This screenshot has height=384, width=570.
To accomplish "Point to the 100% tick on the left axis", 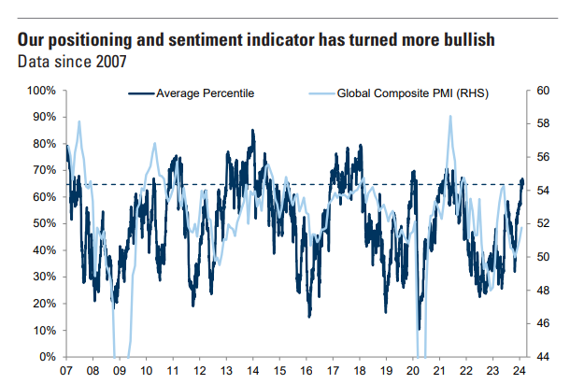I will pyautogui.click(x=41, y=91).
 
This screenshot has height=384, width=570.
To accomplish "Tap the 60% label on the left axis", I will pyautogui.click(x=44, y=197).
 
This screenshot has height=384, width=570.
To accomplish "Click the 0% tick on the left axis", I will pyautogui.click(x=48, y=357).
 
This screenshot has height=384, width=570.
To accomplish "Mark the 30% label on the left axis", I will pyautogui.click(x=44, y=277).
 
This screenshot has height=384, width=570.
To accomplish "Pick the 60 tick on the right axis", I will pyautogui.click(x=543, y=91).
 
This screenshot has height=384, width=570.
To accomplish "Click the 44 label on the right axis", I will pyautogui.click(x=543, y=357).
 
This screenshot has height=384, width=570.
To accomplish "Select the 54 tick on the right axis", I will pyautogui.click(x=543, y=191).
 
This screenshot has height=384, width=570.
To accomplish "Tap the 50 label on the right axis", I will pyautogui.click(x=543, y=257).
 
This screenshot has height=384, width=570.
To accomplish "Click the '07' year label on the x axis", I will pyautogui.click(x=67, y=371).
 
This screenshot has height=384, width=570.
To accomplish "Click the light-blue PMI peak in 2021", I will pyautogui.click(x=450, y=117).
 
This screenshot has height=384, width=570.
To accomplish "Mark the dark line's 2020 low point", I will pyautogui.click(x=420, y=329).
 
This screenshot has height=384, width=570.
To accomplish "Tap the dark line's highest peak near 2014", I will pyautogui.click(x=252, y=131).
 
